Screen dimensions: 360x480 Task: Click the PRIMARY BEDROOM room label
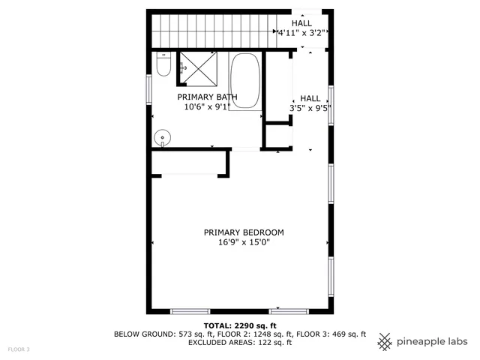[x=244, y=232]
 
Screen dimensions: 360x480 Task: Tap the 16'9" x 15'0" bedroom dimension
[x=244, y=243]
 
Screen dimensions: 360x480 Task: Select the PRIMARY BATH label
[x=207, y=97]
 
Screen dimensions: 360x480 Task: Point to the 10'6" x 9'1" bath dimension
[x=207, y=107]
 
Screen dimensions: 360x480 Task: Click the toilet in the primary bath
[x=163, y=66]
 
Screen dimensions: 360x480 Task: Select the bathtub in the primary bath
[x=245, y=82]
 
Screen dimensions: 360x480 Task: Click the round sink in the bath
[x=163, y=137]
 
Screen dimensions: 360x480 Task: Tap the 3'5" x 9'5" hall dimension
[x=310, y=108]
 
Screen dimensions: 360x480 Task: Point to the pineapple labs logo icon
[x=385, y=340]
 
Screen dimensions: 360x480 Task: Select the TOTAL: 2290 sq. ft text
[x=240, y=325]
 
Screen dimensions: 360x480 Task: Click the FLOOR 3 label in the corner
[x=18, y=349]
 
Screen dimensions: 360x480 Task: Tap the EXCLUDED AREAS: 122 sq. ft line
[x=240, y=343]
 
